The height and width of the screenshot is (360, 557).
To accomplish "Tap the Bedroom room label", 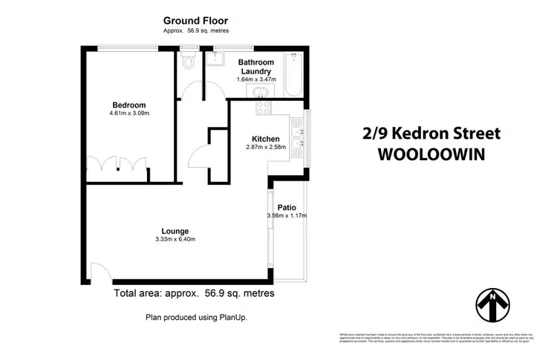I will (129, 105).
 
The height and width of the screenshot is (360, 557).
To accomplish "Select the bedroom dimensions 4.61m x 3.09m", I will (129, 114).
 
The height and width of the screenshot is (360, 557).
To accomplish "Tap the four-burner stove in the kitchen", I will (263, 108).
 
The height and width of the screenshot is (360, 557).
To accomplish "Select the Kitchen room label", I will (265, 139).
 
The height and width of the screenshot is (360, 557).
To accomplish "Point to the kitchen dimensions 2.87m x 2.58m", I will (265, 147).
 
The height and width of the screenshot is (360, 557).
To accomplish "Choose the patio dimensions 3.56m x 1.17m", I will (287, 216).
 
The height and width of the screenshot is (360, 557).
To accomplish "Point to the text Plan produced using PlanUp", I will (195, 317).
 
